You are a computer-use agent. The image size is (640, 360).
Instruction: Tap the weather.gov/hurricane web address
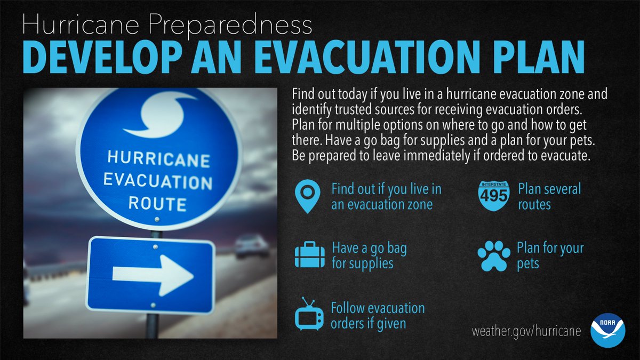pos(526,331)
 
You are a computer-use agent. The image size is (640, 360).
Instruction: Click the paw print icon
pos(494,255)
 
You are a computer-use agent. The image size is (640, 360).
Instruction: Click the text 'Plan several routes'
pos(549,196)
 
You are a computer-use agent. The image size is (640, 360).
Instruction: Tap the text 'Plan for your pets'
pos(550,255)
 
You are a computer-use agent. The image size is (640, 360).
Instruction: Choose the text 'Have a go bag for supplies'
pos(369,255)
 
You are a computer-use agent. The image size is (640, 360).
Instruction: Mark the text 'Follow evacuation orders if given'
pos(378,315)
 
